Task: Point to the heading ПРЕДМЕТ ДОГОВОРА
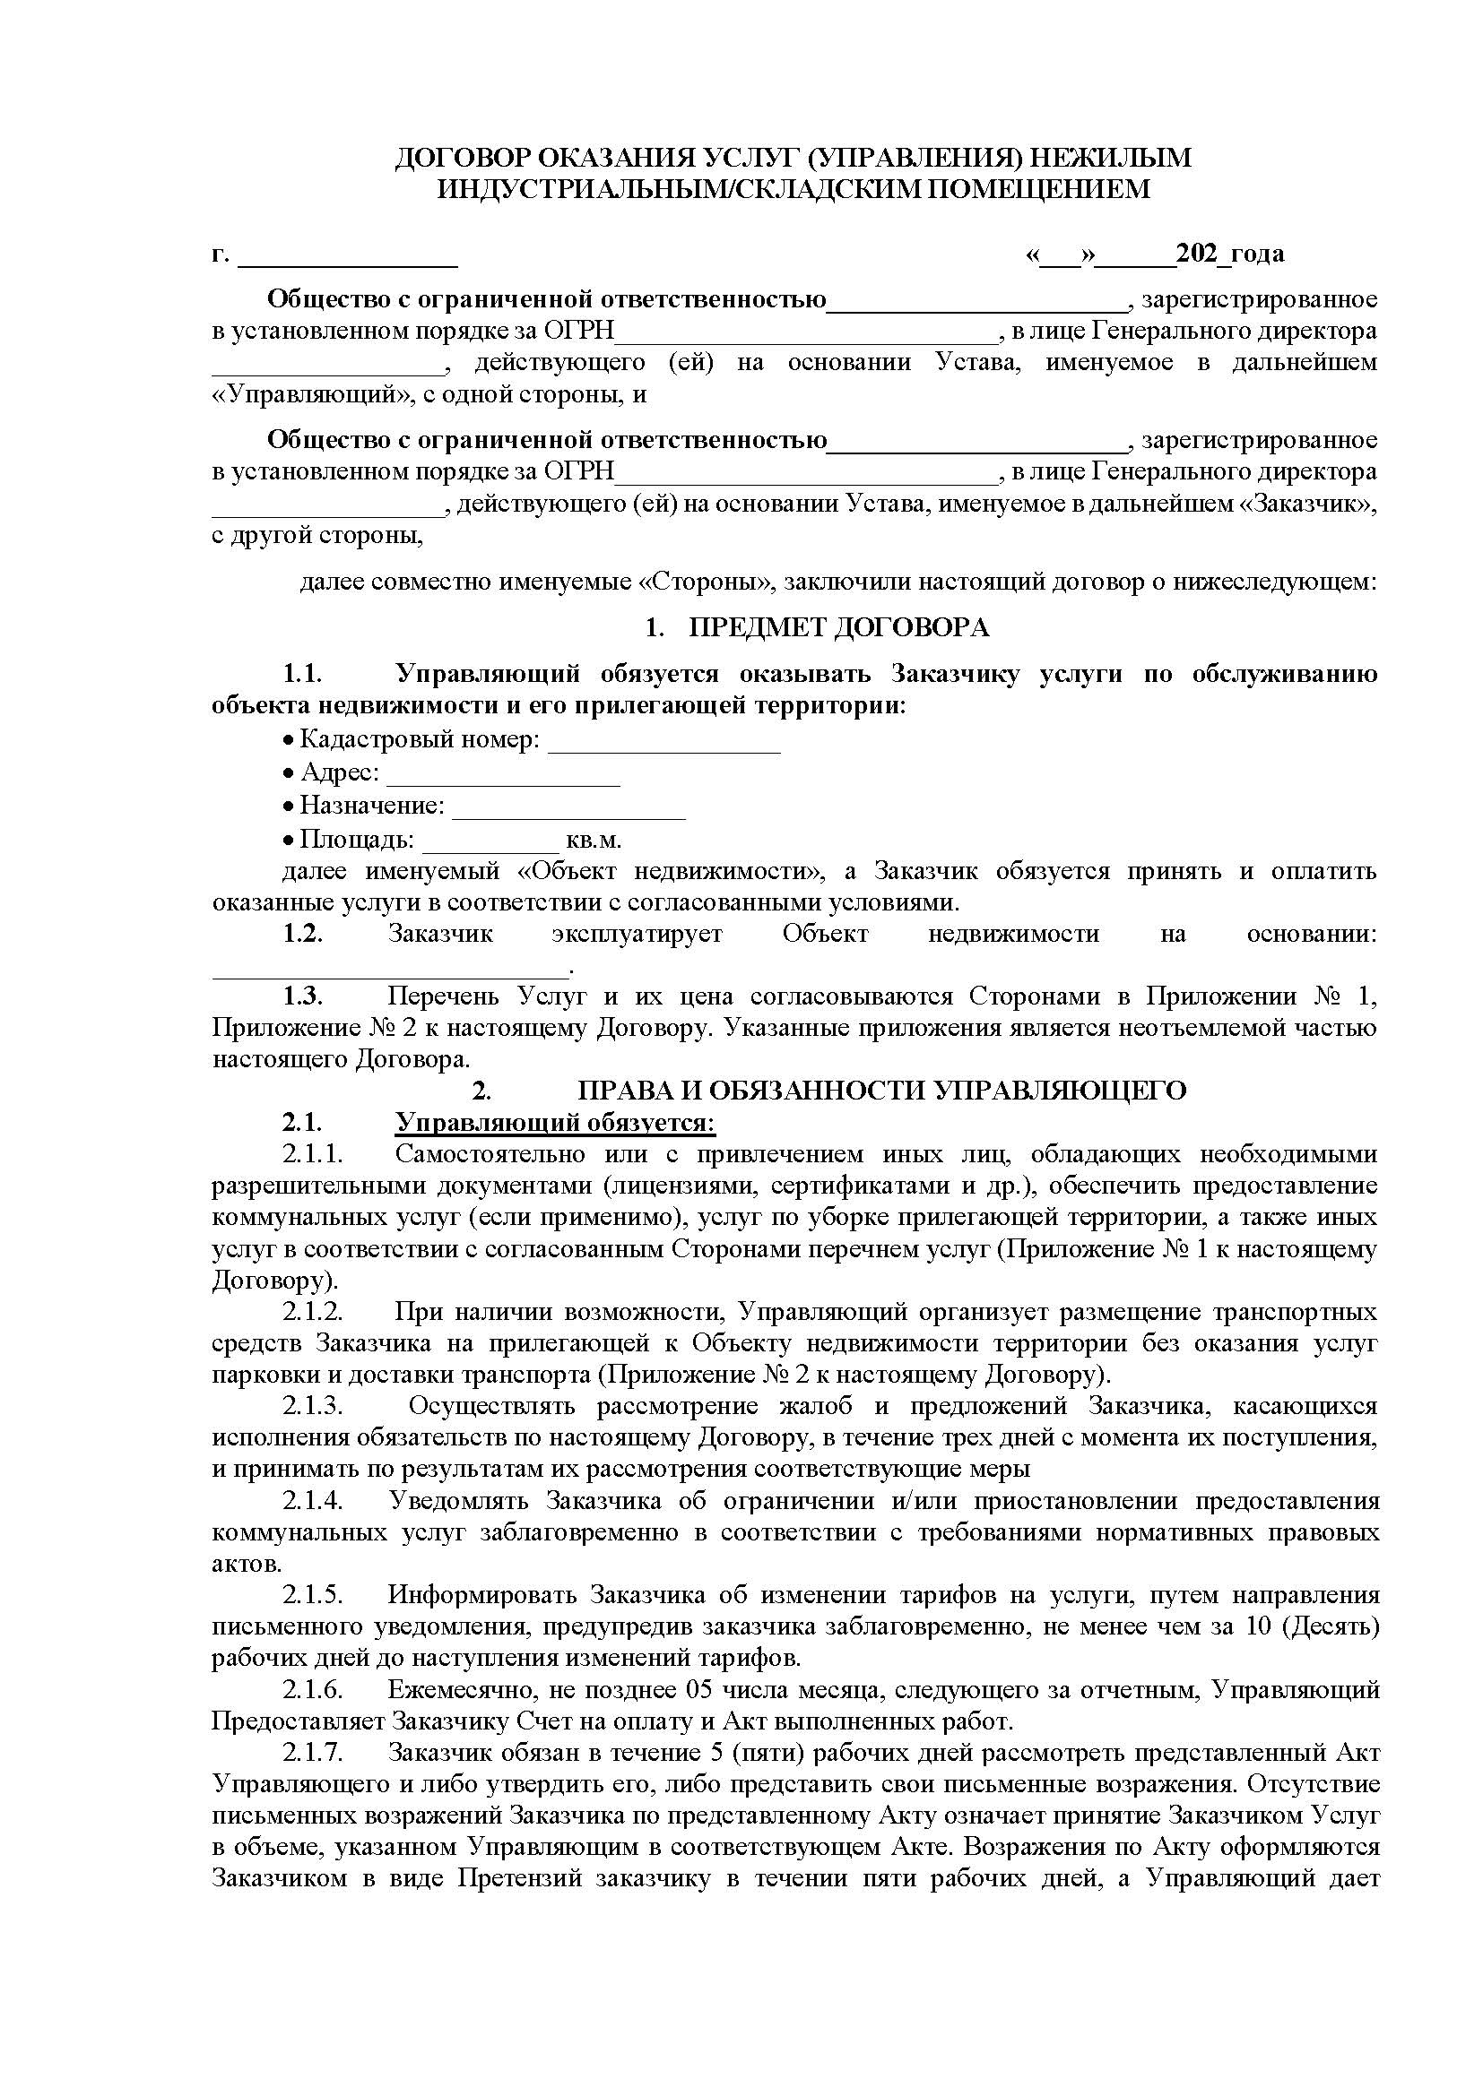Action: tap(838, 628)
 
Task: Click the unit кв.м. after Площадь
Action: tap(594, 839)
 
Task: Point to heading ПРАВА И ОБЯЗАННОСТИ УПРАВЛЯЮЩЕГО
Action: tap(882, 1091)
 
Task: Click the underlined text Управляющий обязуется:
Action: tap(555, 1122)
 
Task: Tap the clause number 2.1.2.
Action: tap(312, 1312)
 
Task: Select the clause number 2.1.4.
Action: tap(312, 1501)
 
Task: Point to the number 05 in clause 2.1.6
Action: tap(702, 1690)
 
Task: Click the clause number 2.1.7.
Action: tap(312, 1753)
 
